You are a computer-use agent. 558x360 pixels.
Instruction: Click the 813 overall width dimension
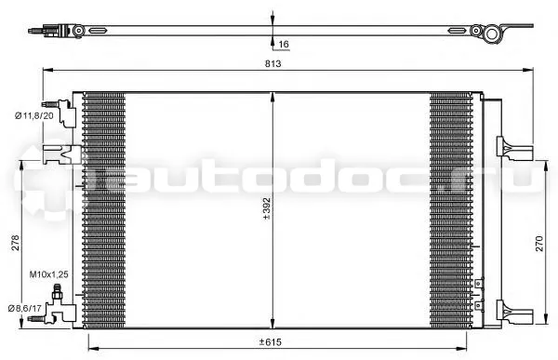(272, 63)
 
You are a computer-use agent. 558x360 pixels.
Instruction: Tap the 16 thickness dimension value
(284, 44)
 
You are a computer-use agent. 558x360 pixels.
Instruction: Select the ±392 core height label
(267, 208)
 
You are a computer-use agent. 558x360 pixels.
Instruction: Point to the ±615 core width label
(270, 342)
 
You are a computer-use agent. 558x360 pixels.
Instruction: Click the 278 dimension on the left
(15, 243)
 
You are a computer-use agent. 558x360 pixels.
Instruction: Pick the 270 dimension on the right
(539, 244)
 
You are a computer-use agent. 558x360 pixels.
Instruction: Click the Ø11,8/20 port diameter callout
(34, 115)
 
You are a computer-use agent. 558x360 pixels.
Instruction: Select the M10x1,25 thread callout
(48, 274)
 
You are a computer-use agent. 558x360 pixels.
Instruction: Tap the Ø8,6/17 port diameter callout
(25, 308)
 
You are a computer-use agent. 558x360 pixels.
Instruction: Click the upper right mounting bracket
(514, 146)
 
